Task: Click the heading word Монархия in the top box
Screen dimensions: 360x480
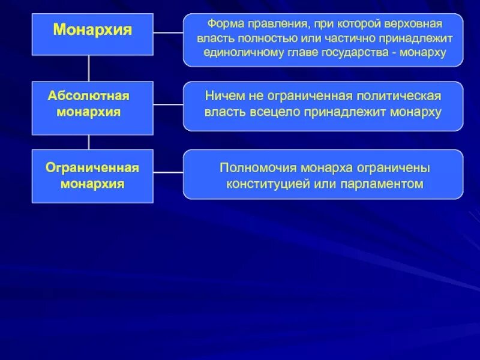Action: (x=92, y=30)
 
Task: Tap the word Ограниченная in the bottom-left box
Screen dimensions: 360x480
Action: (x=92, y=167)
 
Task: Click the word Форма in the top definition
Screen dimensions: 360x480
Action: (x=224, y=25)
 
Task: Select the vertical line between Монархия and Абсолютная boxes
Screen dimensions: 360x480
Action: (x=89, y=68)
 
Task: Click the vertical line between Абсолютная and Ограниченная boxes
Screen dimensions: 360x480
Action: (x=89, y=142)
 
